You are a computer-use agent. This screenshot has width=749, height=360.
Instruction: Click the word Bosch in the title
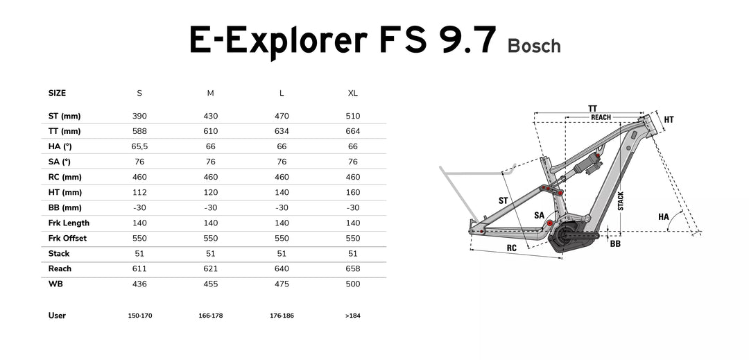click(x=534, y=46)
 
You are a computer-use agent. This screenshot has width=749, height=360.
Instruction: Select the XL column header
click(x=353, y=93)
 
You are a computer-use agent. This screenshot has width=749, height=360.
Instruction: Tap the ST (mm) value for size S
click(x=139, y=116)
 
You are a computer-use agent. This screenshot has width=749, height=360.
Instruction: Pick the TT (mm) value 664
click(x=353, y=131)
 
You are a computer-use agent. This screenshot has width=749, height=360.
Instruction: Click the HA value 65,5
click(x=139, y=146)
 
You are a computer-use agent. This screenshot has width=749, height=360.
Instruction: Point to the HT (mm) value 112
click(x=139, y=192)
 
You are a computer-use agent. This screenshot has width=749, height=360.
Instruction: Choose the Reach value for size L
click(x=282, y=268)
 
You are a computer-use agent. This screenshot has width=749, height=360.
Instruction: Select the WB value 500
click(x=353, y=284)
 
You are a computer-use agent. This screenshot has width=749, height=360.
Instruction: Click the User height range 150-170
click(x=139, y=316)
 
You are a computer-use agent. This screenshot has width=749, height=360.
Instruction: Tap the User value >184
click(x=353, y=316)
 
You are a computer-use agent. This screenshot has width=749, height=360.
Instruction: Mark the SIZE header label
click(x=57, y=93)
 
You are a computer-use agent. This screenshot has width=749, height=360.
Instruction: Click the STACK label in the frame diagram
click(x=621, y=201)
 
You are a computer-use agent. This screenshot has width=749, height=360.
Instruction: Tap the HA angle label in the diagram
click(x=664, y=217)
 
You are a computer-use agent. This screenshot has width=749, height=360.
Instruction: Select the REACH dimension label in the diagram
click(x=601, y=118)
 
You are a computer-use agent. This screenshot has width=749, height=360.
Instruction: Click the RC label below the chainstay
click(x=512, y=248)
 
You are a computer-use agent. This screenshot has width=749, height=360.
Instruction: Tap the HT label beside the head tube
click(x=669, y=120)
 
